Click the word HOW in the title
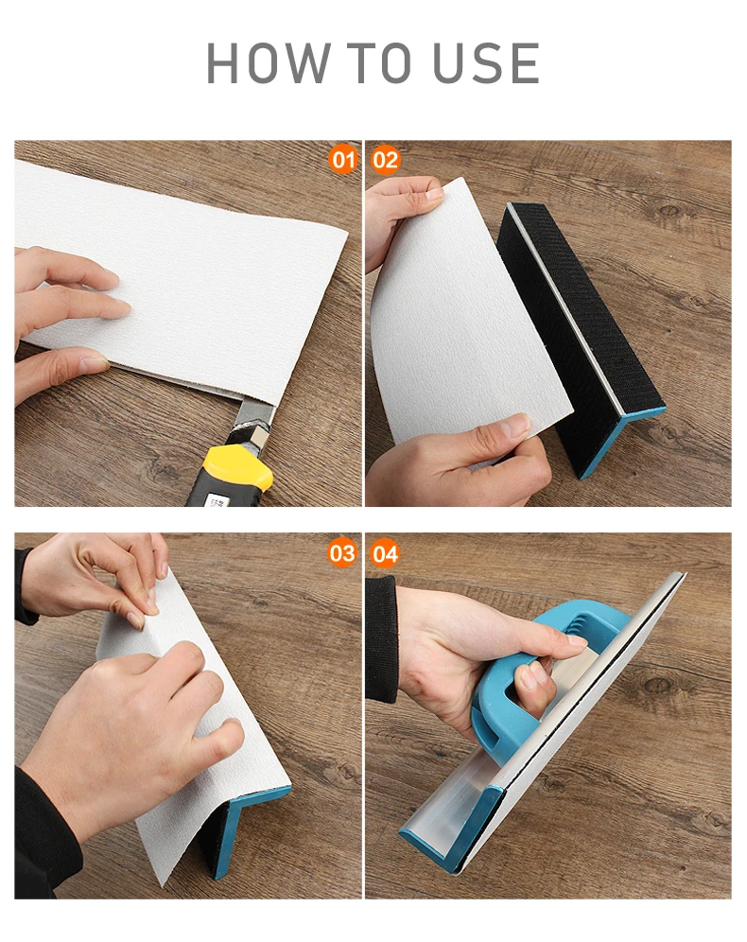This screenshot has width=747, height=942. tap(269, 63)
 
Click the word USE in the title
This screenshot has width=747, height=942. tap(486, 63)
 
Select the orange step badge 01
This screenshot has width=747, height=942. tap(343, 160)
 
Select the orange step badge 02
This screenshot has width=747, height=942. tap(385, 160)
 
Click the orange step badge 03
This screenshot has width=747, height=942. tap(342, 552)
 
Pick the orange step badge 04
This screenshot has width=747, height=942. tap(385, 553)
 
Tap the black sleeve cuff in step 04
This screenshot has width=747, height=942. tap(381, 639)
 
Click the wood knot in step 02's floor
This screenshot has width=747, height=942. tap(670, 210)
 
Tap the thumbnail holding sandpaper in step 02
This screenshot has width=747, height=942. tap(513, 427)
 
